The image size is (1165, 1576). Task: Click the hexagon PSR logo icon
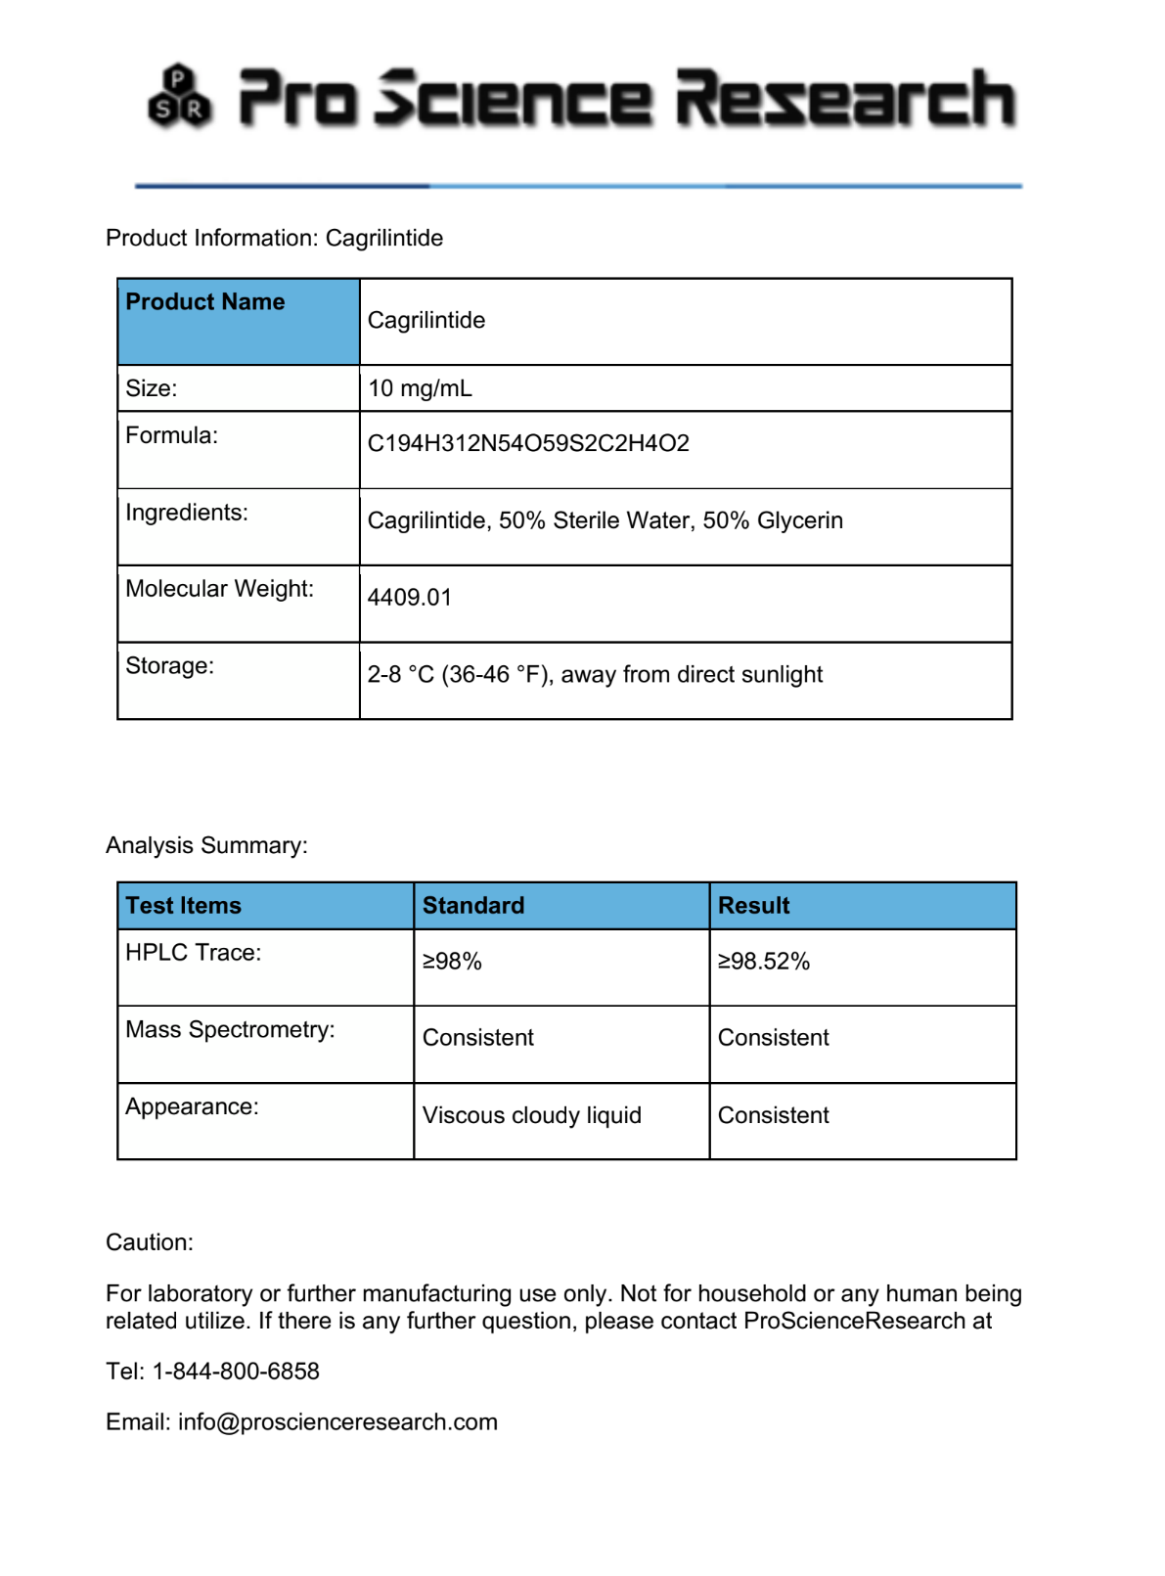tap(180, 97)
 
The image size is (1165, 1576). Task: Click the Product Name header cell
tap(205, 302)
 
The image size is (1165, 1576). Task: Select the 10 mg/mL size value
tap(420, 388)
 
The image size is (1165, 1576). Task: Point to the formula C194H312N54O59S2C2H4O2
tap(528, 443)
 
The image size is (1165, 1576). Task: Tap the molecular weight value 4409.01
tap(410, 598)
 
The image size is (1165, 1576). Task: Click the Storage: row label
tap(169, 666)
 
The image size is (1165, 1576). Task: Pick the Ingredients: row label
tap(187, 513)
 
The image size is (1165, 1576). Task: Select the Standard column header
tap(473, 906)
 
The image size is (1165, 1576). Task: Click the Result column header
tap(753, 906)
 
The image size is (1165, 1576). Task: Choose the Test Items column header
tap(183, 906)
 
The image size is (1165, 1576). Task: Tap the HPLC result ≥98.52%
tap(764, 962)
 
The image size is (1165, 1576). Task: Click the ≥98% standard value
tap(452, 962)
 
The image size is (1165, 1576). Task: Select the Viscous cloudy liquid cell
tap(531, 1115)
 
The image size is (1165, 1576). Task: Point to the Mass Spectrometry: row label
tap(230, 1030)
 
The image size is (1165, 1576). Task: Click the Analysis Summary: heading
tap(206, 845)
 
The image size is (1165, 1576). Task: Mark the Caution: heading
tap(150, 1242)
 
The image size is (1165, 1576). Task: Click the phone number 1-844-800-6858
tap(236, 1372)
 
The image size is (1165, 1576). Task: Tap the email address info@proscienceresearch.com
tap(337, 1422)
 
